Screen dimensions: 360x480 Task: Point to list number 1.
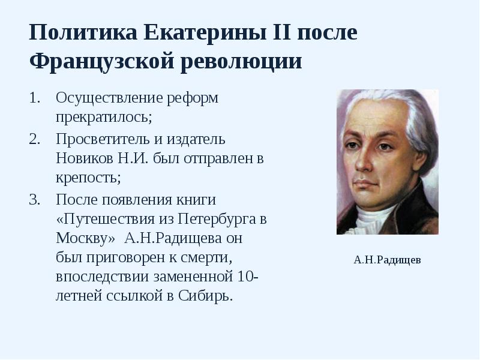point(34,98)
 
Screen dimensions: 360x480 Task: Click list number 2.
point(34,139)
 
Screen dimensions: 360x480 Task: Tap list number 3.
point(34,199)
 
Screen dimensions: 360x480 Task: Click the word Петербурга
point(218,218)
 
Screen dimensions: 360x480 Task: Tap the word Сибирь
point(205,296)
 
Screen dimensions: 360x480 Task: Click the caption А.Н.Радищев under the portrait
point(387,260)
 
